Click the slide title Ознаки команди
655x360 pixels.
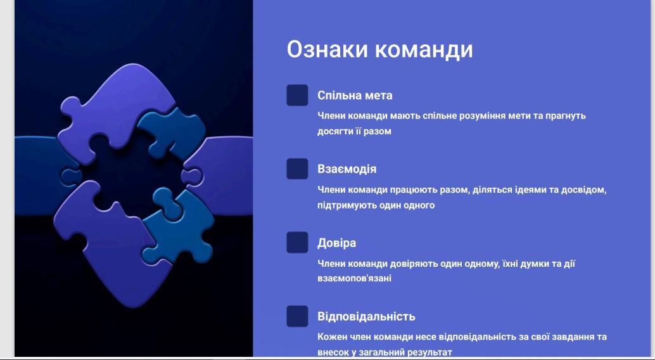tap(379, 49)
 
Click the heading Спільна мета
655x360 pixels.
tap(355, 95)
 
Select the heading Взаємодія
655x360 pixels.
tap(347, 169)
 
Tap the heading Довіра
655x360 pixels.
tap(337, 243)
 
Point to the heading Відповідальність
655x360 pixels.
tap(366, 316)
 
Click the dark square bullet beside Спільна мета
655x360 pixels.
tap(297, 95)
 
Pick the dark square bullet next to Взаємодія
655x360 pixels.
tap(297, 169)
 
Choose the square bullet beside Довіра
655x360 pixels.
tap(297, 243)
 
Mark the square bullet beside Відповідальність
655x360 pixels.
tap(297, 316)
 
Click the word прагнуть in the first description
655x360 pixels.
tap(565, 116)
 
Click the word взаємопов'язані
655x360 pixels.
tap(354, 278)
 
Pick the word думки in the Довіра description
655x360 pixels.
tap(520, 264)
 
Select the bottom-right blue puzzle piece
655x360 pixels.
tap(180, 226)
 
